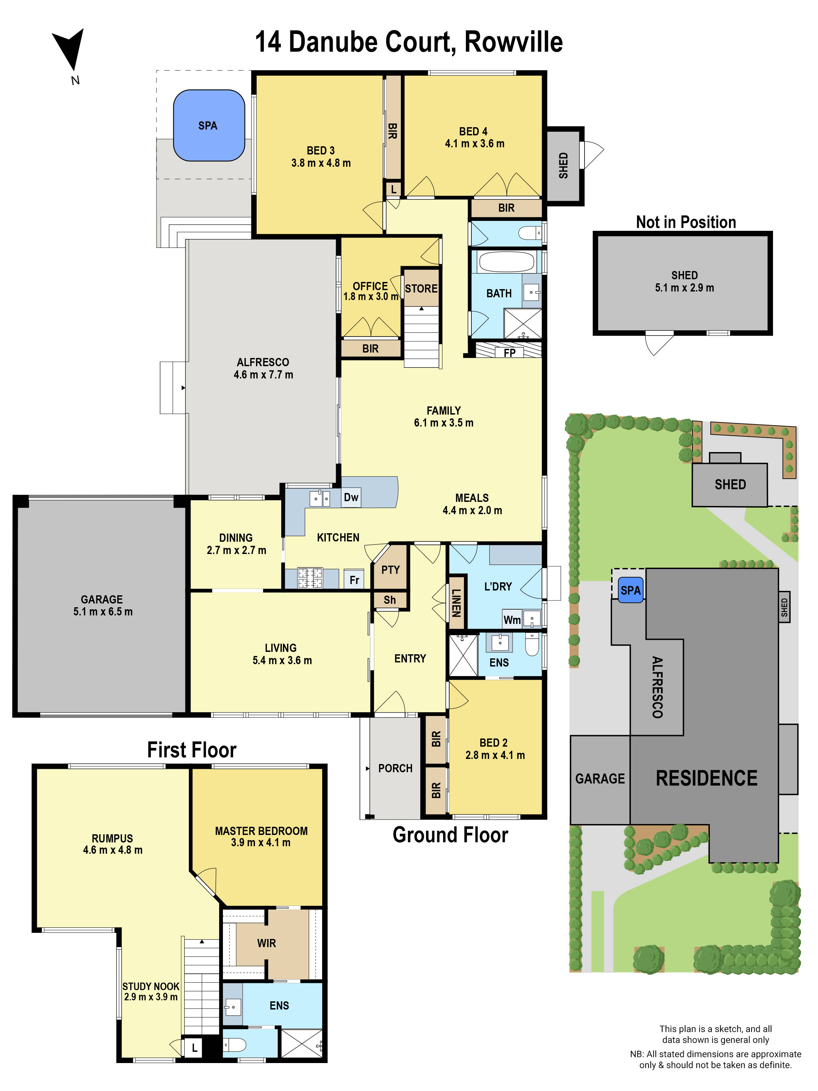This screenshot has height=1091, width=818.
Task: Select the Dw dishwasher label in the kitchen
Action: tap(351, 497)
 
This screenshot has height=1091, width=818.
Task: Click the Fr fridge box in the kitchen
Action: tap(354, 580)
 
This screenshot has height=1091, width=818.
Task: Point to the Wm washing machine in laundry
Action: tap(512, 620)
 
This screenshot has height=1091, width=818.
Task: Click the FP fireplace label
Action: tap(509, 353)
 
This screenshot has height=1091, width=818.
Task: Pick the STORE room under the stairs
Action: tap(421, 288)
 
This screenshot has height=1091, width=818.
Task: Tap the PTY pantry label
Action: tap(390, 570)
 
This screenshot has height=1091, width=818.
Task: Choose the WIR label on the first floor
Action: tap(266, 943)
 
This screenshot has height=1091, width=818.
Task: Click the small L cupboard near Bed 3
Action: tap(393, 189)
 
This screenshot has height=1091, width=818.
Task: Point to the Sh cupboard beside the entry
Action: tap(390, 600)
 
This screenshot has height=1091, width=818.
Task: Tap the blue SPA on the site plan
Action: tap(630, 590)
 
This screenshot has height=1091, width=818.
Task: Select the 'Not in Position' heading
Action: tap(685, 222)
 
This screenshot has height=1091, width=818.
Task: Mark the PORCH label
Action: tap(395, 768)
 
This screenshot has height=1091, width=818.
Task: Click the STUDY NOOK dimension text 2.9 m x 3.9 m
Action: tap(150, 997)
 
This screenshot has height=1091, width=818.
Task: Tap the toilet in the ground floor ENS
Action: tap(531, 645)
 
